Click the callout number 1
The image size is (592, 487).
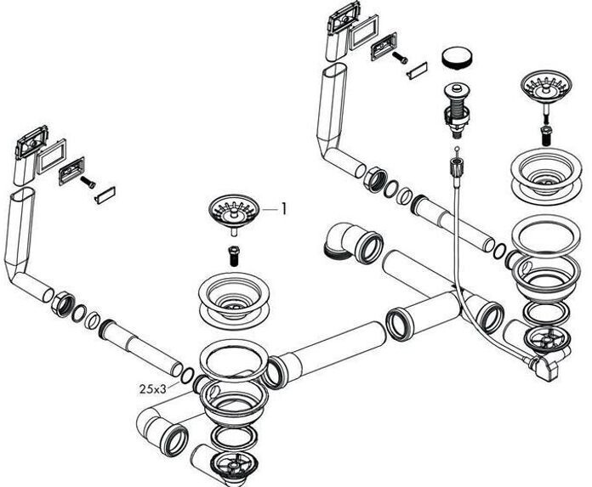point(284,207)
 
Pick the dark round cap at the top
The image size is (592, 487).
point(458,59)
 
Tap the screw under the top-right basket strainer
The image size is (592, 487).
point(545,134)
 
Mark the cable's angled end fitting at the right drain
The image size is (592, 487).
point(544,366)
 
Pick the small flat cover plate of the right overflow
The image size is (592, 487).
point(414,70)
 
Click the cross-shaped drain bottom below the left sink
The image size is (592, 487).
point(229,464)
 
